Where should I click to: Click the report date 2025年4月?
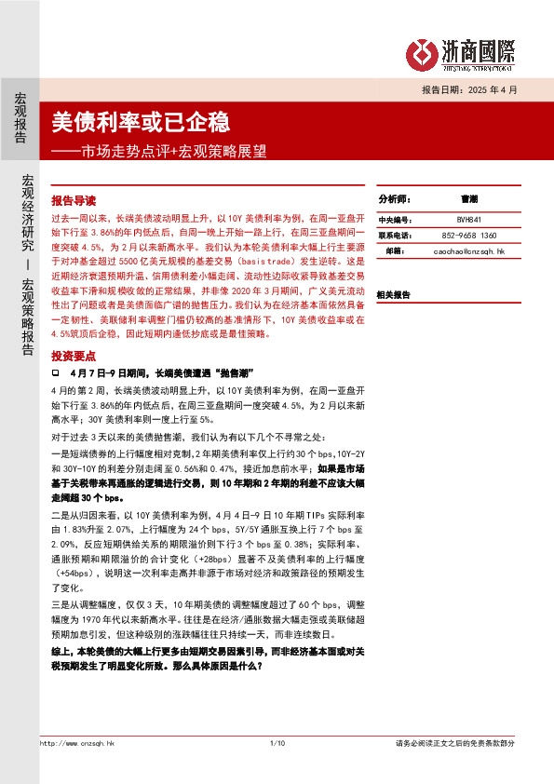coord(493,89)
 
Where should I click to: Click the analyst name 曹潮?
coord(468,200)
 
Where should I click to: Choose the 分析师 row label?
coord(394,200)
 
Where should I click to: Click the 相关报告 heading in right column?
coord(393,294)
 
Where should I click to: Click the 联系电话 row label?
coord(393,236)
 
